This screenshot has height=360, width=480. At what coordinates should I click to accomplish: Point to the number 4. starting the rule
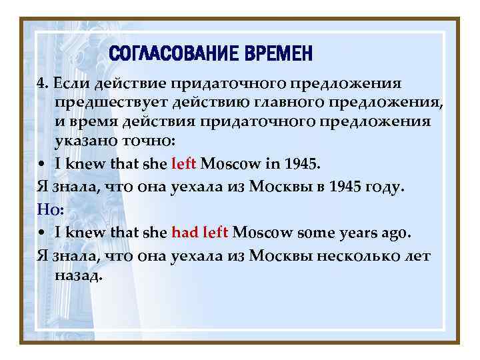pos(43,83)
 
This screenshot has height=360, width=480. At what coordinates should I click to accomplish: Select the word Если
pos(72,83)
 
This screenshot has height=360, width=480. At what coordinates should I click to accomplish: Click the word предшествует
pos(110,103)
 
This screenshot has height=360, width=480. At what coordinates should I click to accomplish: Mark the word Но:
pos(51,210)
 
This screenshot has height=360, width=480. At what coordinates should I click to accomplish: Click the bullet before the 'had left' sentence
pos(42,233)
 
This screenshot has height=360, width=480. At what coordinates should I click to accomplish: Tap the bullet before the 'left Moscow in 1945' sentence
pos(42,163)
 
